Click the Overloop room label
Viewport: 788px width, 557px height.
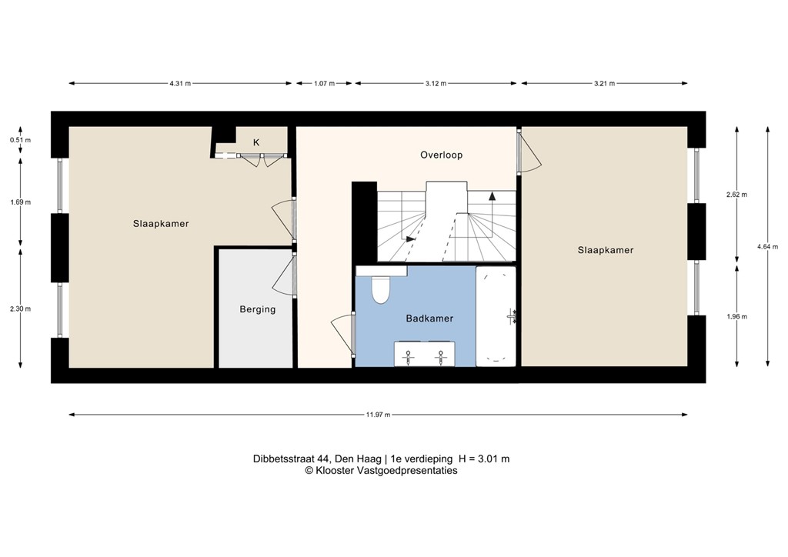point(441,155)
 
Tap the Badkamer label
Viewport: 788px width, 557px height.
point(429,318)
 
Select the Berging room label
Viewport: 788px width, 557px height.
point(257,309)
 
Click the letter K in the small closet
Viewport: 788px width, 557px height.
point(256,142)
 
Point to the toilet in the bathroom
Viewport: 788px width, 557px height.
point(381,289)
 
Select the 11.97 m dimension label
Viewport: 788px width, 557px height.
point(378,415)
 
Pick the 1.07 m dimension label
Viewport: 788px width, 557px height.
point(324,83)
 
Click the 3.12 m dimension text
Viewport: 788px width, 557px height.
point(436,83)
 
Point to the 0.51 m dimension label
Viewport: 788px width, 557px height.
point(21,140)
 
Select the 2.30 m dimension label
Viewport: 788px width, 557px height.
point(21,309)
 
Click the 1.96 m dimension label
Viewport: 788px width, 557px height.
point(736,316)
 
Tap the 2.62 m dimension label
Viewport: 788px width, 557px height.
point(736,195)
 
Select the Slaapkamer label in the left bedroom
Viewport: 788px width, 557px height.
point(160,224)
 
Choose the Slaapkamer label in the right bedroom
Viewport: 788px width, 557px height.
point(605,250)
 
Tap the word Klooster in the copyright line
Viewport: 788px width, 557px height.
point(332,470)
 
